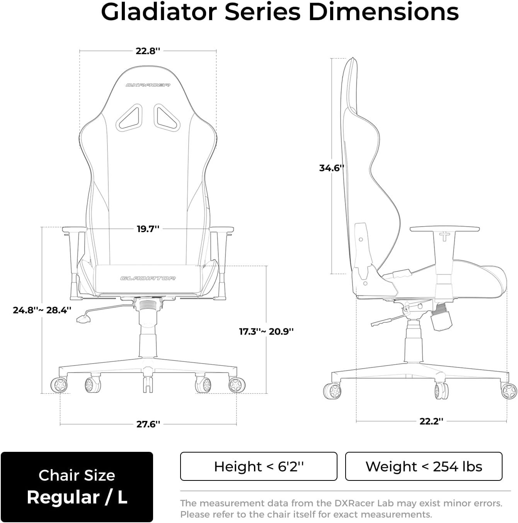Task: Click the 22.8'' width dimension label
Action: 148,51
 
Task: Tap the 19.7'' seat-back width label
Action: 148,229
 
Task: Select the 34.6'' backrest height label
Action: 331,168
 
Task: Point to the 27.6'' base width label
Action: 148,424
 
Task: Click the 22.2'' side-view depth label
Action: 431,421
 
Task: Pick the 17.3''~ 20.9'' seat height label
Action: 266,332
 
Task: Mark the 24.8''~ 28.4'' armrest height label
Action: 42,310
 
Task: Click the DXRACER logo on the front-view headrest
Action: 148,85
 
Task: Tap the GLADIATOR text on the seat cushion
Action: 148,278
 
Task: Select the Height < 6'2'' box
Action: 259,467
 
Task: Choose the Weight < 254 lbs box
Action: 424,467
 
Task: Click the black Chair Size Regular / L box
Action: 77,487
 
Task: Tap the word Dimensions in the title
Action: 383,12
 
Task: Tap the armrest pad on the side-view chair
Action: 445,229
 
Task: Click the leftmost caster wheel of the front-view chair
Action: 59,385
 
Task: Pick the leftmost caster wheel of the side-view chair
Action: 332,391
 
